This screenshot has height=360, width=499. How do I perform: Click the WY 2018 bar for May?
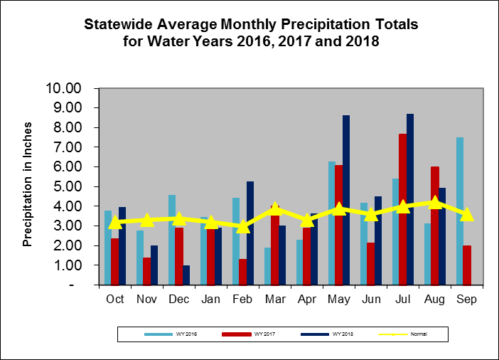tap(346, 200)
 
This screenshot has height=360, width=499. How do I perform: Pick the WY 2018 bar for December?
tap(186, 275)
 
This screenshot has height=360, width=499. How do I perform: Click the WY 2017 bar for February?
tap(242, 272)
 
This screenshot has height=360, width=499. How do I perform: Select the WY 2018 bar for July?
tap(410, 199)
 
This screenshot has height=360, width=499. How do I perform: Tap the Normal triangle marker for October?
tap(115, 221)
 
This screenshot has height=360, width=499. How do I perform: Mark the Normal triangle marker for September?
tap(466, 214)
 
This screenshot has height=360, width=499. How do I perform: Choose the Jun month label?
tap(371, 300)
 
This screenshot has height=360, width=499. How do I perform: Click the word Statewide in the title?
tap(119, 25)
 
